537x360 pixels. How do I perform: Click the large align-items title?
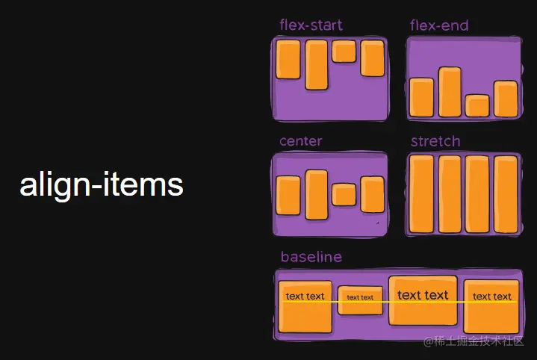(x=102, y=184)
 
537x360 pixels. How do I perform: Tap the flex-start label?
(x=311, y=25)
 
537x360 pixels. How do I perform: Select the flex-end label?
(x=439, y=26)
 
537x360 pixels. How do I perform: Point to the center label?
(x=301, y=141)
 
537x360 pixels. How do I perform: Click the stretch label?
(x=435, y=141)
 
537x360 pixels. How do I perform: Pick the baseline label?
(x=311, y=257)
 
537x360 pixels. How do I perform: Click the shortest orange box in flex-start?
(x=344, y=51)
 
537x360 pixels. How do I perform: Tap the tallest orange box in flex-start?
(x=317, y=65)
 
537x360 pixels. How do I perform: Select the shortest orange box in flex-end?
(x=477, y=105)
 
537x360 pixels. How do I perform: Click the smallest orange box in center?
(x=344, y=194)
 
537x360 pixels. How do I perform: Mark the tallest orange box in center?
(x=317, y=193)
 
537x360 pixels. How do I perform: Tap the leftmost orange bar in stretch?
(x=422, y=194)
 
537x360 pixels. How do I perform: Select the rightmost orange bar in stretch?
(x=506, y=194)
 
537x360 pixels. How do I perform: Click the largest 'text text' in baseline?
(x=423, y=295)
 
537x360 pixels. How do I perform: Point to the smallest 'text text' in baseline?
(x=360, y=297)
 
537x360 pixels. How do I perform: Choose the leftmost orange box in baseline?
(x=305, y=306)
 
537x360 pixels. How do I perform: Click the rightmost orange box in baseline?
(x=491, y=306)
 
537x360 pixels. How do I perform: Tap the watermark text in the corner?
(x=475, y=341)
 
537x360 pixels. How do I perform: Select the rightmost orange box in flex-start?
(x=372, y=58)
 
